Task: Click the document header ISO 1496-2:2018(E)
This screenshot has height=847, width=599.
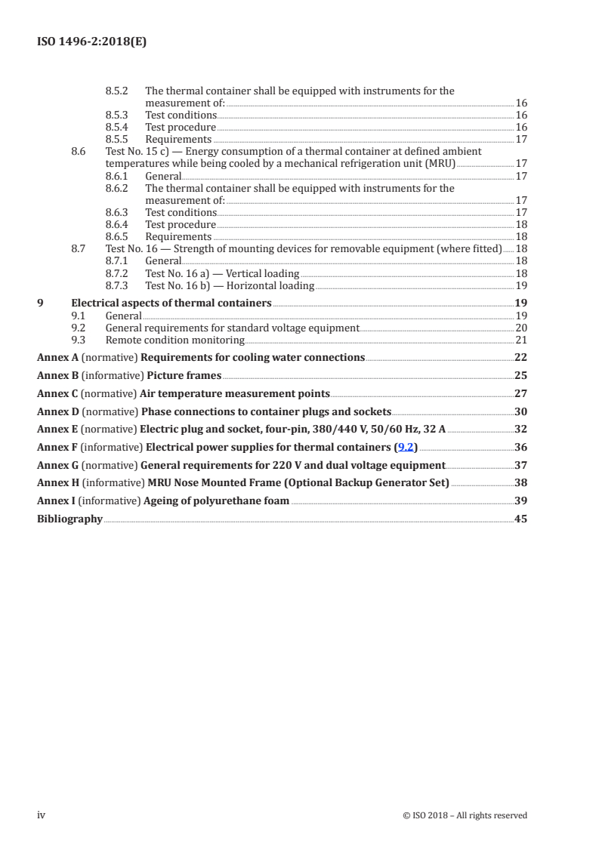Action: pyautogui.click(x=91, y=42)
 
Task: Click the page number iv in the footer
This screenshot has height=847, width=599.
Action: pyautogui.click(x=42, y=815)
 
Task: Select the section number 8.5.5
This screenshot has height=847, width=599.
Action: pyautogui.click(x=116, y=140)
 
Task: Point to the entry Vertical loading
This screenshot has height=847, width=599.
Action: pyautogui.click(x=222, y=273)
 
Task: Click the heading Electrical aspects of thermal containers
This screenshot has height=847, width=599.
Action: pyautogui.click(x=171, y=303)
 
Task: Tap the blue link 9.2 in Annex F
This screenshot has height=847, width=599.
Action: pyautogui.click(x=406, y=448)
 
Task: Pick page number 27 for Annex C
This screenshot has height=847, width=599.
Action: pyautogui.click(x=520, y=393)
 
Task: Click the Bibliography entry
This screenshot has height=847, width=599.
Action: pyautogui.click(x=69, y=519)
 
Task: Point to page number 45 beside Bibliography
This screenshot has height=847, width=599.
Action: pyautogui.click(x=520, y=519)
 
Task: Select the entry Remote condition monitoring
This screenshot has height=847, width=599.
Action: pyautogui.click(x=174, y=340)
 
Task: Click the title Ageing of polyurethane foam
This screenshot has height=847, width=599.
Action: pyautogui.click(x=216, y=500)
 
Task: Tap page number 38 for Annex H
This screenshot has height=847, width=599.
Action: pyautogui.click(x=520, y=482)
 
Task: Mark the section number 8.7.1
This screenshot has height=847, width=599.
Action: pyautogui.click(x=116, y=261)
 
